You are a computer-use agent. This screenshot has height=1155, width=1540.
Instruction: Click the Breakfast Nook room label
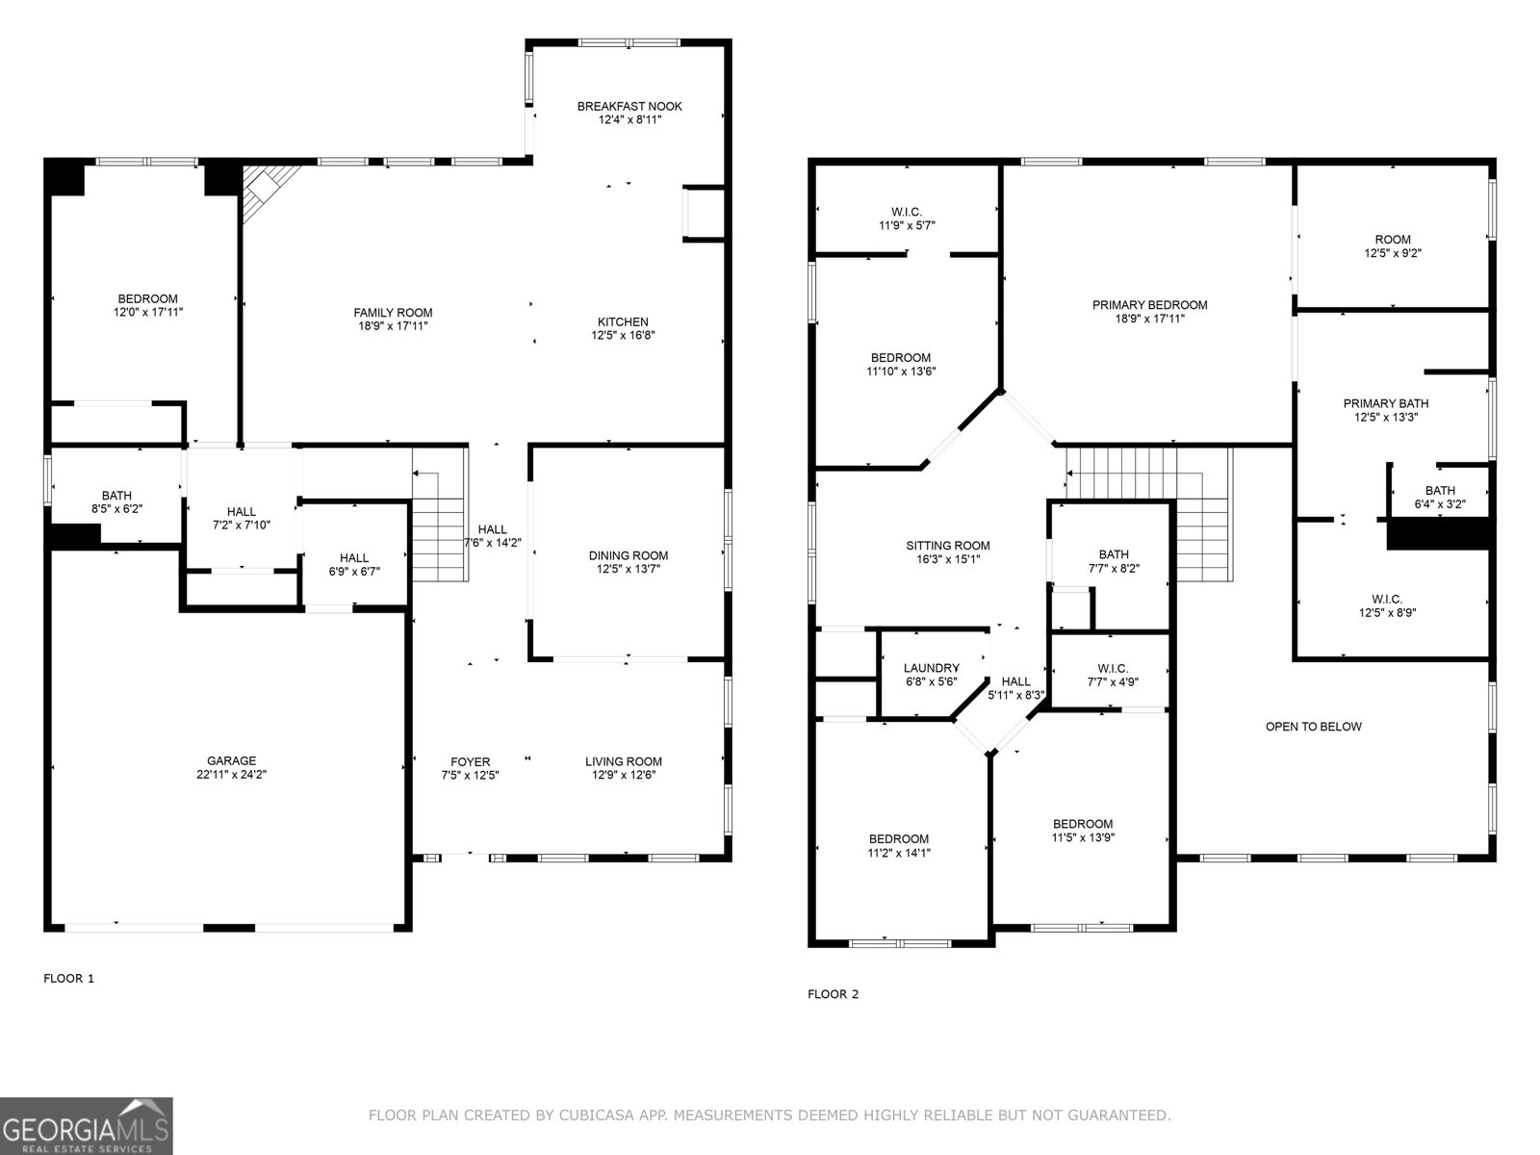pyautogui.click(x=629, y=106)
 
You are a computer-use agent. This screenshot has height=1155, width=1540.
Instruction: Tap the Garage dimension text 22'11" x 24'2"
pyautogui.click(x=231, y=774)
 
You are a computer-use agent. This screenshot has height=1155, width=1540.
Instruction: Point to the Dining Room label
pyautogui.click(x=629, y=555)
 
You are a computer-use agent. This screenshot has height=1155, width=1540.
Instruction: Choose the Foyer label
pyautogui.click(x=470, y=761)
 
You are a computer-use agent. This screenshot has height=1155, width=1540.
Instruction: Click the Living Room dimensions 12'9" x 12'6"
pyautogui.click(x=624, y=775)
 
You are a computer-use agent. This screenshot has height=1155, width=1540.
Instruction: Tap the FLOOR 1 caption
pyautogui.click(x=69, y=979)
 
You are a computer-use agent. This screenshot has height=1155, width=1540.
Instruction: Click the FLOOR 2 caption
pyautogui.click(x=833, y=994)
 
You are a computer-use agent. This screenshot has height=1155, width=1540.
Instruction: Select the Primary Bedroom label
pyautogui.click(x=1149, y=305)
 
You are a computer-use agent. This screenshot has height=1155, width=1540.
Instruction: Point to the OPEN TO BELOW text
pyautogui.click(x=1313, y=727)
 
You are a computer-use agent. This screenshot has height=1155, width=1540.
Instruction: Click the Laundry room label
pyautogui.click(x=931, y=668)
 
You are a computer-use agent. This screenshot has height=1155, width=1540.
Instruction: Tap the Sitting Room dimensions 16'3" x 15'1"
pyautogui.click(x=948, y=559)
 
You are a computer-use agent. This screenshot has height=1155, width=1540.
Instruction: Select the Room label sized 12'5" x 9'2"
pyautogui.click(x=1392, y=240)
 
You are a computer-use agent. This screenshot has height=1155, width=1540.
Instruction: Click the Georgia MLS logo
pyautogui.click(x=87, y=1125)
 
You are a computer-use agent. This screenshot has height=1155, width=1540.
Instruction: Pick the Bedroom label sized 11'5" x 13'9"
pyautogui.click(x=1082, y=824)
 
